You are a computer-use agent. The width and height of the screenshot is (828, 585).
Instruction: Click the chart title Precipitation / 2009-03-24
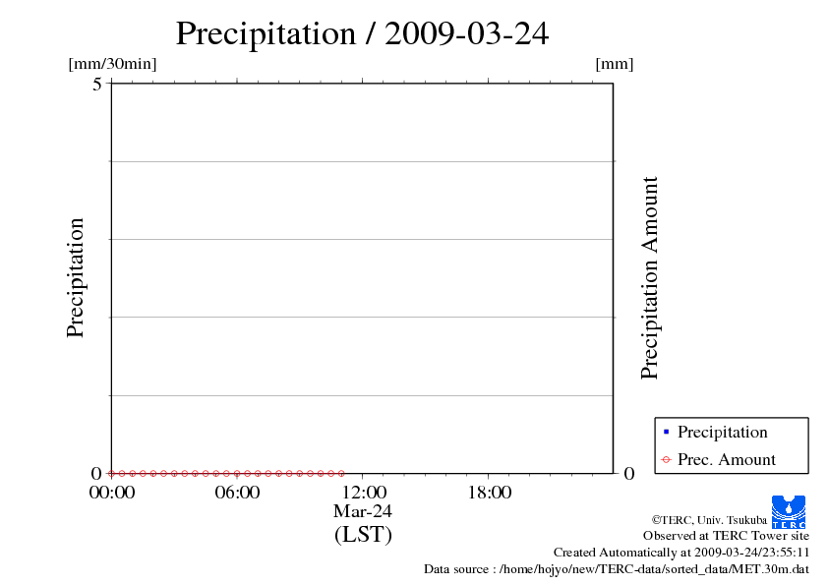362,33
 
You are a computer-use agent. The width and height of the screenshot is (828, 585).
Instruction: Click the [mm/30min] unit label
112,64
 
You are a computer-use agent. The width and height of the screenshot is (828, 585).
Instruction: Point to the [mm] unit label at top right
615,64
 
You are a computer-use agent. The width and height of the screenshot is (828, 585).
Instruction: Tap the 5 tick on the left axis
97,84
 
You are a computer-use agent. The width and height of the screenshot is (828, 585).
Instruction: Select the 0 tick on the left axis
97,473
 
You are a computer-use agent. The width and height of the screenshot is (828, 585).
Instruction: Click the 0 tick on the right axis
629,473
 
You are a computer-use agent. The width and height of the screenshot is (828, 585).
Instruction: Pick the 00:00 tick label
112,493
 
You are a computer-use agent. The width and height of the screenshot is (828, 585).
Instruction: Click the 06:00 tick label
237,493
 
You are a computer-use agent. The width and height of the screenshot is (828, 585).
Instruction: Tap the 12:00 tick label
363,493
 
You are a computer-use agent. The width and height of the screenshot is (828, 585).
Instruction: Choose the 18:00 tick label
489,493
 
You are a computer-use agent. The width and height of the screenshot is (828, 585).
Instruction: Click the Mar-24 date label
363,511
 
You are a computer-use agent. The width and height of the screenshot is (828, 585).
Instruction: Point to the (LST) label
363,535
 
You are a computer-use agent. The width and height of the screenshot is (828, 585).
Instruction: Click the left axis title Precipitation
76,278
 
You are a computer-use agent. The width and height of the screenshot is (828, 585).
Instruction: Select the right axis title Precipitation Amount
649,278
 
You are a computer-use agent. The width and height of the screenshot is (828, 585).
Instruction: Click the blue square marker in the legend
666,432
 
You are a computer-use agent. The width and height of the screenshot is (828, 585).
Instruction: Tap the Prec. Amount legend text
727,459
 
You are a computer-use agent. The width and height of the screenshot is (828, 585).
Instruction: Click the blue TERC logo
789,511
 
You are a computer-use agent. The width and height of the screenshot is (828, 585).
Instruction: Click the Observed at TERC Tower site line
726,536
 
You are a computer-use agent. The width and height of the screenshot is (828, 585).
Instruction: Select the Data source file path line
617,568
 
